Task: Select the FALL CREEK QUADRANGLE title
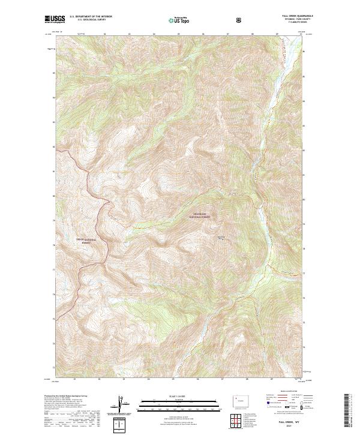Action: [294, 16]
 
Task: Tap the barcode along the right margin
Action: [347, 410]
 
